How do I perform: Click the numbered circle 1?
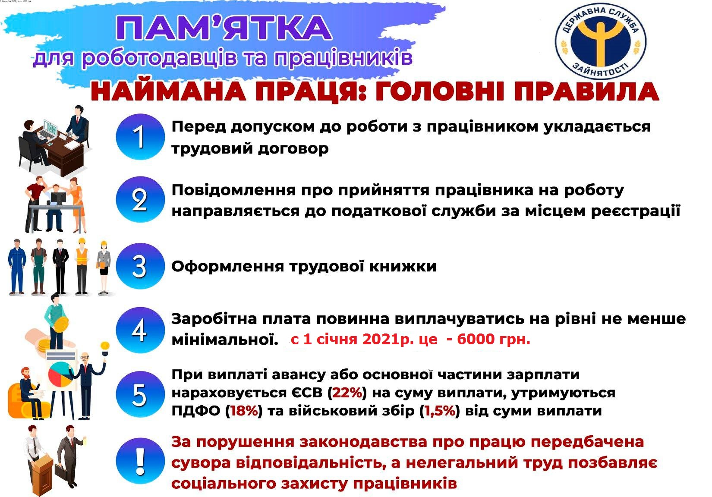(x=140, y=137)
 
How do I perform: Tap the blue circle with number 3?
(x=140, y=266)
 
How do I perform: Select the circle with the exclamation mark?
(x=140, y=461)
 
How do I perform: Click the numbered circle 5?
(x=140, y=394)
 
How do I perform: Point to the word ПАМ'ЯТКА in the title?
(x=224, y=28)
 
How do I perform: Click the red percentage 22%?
(x=347, y=393)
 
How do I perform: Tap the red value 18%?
(x=244, y=411)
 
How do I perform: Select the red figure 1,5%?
(x=440, y=411)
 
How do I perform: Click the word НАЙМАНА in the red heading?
(x=168, y=92)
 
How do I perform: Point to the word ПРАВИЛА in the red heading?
(x=586, y=92)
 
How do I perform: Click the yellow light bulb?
(x=105, y=346)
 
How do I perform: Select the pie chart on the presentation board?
(x=61, y=374)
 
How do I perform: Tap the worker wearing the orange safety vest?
(x=82, y=266)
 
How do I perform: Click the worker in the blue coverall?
(x=17, y=266)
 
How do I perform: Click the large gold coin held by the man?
(x=61, y=324)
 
